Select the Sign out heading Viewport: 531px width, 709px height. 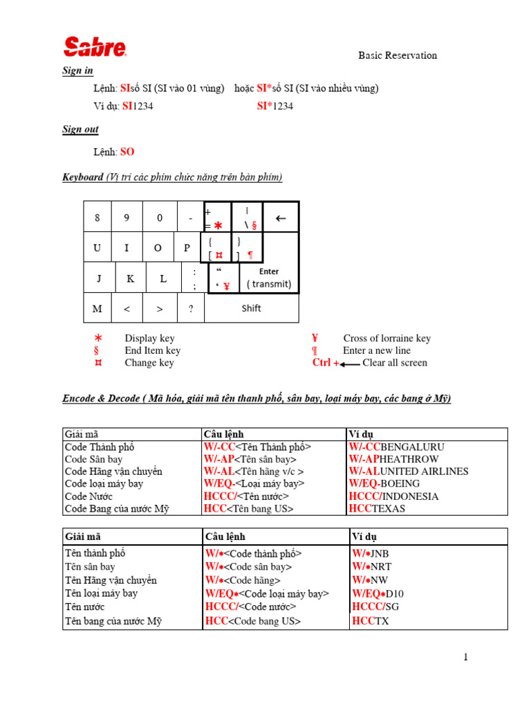tap(80, 129)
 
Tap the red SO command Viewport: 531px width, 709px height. tap(127, 152)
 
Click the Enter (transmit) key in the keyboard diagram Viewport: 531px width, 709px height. tap(269, 278)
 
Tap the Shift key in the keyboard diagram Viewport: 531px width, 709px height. tap(251, 308)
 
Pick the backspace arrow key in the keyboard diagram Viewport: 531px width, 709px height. tap(281, 218)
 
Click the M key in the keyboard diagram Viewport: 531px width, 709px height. tap(97, 309)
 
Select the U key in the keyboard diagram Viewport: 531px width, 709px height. tap(97, 248)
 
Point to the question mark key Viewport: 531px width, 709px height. tap(190, 309)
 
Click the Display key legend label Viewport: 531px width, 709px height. tap(149, 339)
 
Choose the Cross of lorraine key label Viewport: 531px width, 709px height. tap(386, 339)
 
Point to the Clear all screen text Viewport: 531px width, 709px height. tap(395, 363)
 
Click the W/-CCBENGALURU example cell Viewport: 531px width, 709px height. tap(396, 447)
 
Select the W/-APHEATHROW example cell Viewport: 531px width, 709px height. tap(393, 459)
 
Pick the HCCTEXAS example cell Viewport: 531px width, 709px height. tap(377, 509)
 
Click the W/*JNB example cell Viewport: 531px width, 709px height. tap(371, 554)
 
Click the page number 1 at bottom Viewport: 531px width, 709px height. tap(465, 657)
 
